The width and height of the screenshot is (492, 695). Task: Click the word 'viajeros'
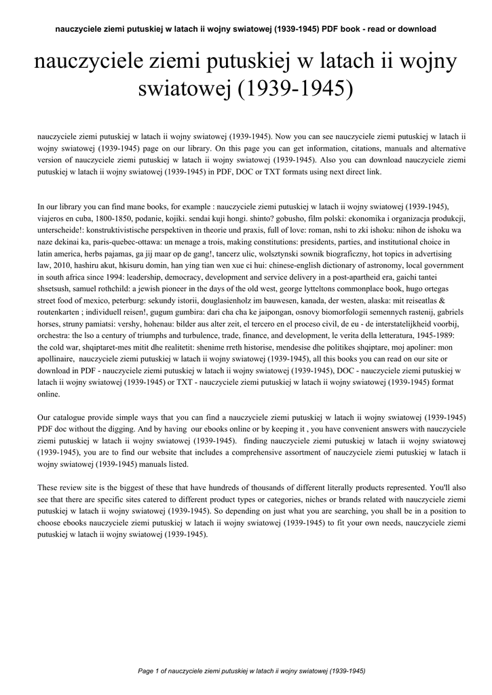click(52, 218)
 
